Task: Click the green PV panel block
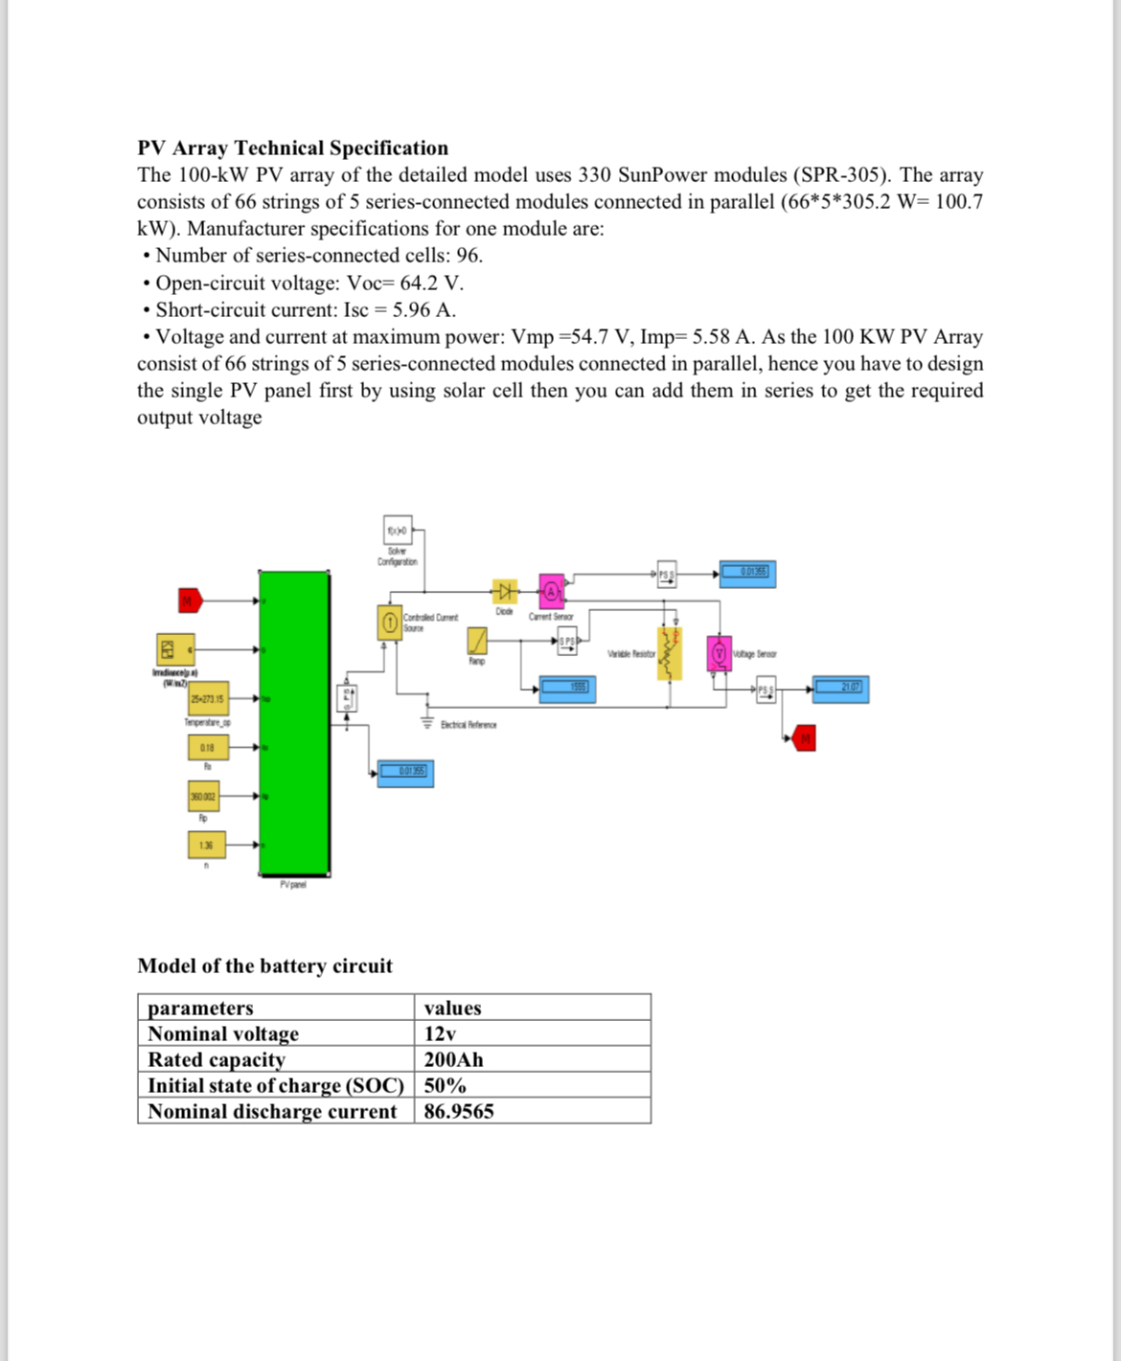[x=294, y=722]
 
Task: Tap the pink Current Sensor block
[x=551, y=591]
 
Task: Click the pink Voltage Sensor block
[x=719, y=653]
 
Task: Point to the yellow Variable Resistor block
[x=669, y=652]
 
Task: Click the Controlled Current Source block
[x=390, y=623]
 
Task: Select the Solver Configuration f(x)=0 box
[x=398, y=530]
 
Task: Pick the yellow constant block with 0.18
[x=208, y=747]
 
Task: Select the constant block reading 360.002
[x=203, y=796]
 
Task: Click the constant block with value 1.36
[x=207, y=845]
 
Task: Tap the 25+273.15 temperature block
[x=208, y=698]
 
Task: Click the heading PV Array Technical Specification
[x=292, y=147]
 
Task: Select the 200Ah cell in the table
[x=453, y=1059]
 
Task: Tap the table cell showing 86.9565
[x=459, y=1111]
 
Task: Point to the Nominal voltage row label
[x=223, y=1033]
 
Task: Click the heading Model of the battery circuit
[x=264, y=965]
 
